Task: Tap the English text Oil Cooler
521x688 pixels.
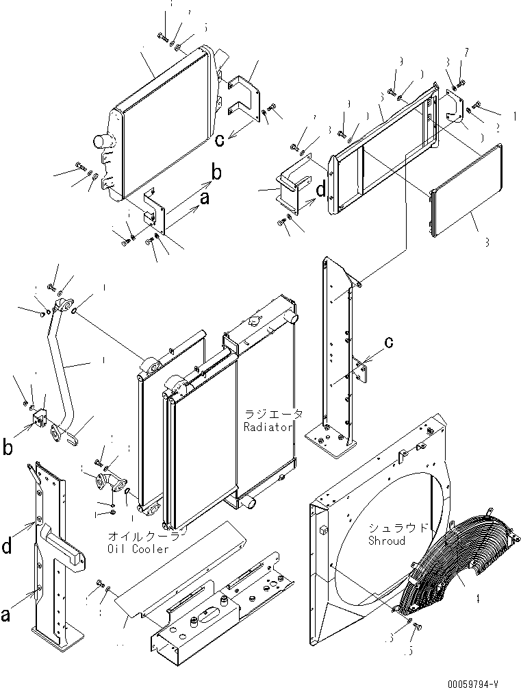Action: [138, 548]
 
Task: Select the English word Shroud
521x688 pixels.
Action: [386, 541]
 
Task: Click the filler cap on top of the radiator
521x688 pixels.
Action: [255, 320]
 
